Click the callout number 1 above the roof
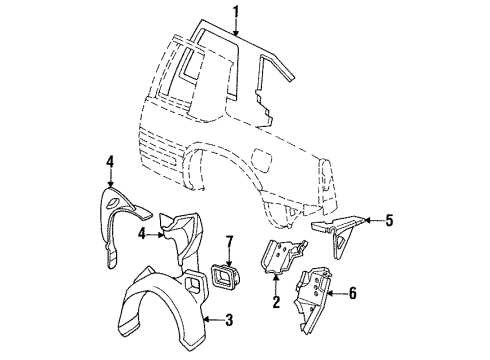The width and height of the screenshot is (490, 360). point(236,12)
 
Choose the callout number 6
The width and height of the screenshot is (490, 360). point(353,294)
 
